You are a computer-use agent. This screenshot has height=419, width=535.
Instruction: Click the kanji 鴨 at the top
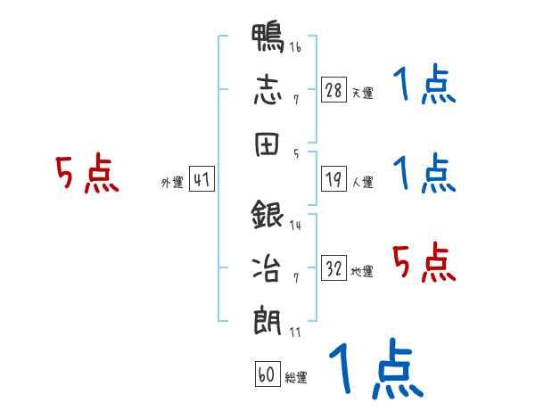tap(267, 37)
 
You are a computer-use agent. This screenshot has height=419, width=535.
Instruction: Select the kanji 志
tap(267, 90)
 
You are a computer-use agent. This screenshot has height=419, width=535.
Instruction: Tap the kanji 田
tap(267, 144)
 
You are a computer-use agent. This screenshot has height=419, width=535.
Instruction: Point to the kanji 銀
tap(267, 215)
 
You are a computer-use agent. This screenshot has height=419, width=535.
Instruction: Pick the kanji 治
tap(267, 268)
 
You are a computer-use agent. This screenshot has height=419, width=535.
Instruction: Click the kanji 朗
tap(267, 321)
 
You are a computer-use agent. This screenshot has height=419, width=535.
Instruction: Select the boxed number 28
tap(333, 90)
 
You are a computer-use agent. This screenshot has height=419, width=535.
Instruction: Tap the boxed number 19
tap(333, 179)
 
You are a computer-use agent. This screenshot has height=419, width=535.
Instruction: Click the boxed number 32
tap(333, 268)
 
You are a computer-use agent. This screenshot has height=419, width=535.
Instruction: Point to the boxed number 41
tap(202, 179)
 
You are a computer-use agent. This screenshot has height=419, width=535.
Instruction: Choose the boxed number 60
tap(267, 374)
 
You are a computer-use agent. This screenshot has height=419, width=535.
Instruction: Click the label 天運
tap(363, 93)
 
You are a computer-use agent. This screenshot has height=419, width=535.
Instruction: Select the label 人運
tap(363, 182)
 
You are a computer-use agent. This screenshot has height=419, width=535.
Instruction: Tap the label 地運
tap(362, 272)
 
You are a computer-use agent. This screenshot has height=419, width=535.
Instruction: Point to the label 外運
tap(172, 183)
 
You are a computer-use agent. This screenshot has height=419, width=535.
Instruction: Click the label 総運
tap(296, 378)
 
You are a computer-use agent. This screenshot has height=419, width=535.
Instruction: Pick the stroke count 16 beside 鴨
tap(295, 47)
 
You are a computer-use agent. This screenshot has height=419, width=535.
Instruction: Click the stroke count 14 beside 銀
tap(295, 226)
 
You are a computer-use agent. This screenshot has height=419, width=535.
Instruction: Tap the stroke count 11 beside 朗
tap(295, 332)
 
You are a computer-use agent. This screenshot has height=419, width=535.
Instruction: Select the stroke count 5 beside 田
tap(296, 154)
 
